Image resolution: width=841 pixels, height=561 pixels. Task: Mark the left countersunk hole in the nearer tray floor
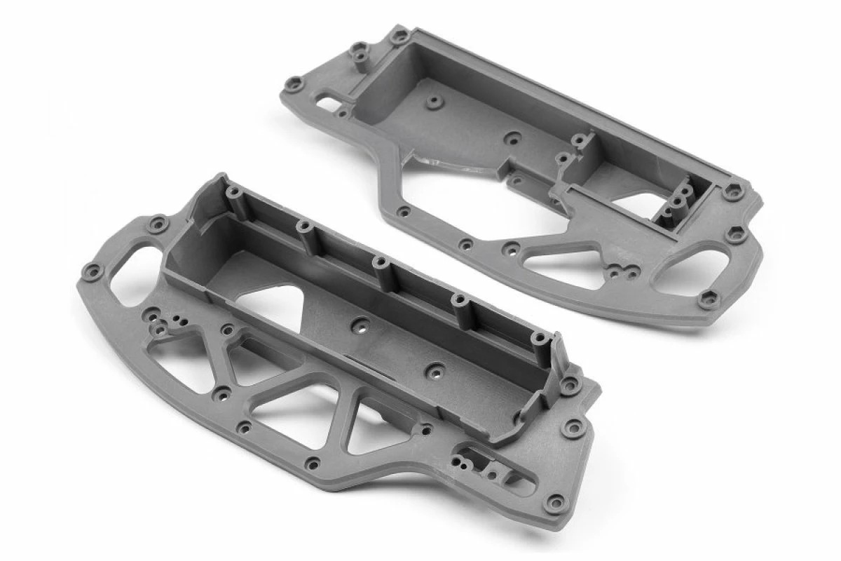pos(362,325)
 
